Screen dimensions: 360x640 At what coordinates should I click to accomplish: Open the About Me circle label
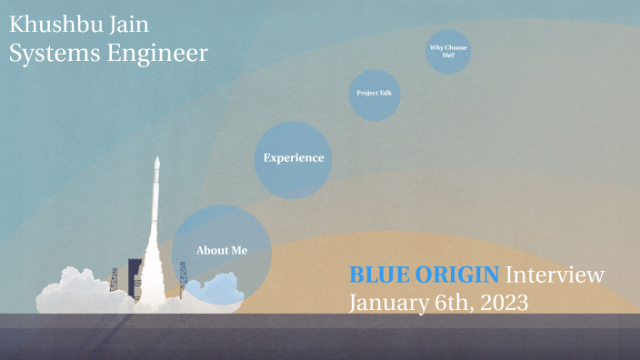coord(221,250)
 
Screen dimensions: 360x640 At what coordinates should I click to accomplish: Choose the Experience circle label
coord(293,158)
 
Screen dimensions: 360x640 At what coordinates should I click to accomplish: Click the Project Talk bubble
coord(374,94)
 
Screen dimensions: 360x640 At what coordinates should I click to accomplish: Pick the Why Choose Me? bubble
coord(448,51)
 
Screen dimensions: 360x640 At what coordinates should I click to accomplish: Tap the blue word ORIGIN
coord(464,275)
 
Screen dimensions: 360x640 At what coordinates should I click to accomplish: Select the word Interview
coord(555,275)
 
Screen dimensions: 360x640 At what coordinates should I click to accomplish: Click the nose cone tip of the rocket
coord(156,160)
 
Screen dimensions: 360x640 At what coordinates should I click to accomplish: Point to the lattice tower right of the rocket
coord(182,278)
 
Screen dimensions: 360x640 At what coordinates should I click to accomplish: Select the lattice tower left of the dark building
coord(115,279)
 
